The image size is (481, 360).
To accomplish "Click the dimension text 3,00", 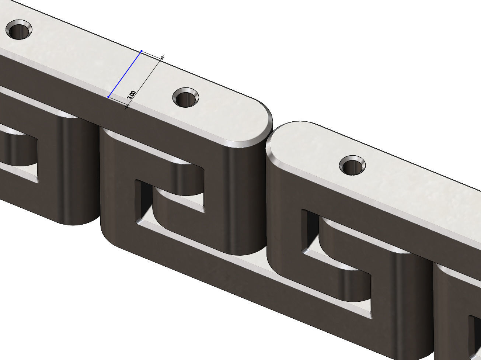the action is click(131, 95).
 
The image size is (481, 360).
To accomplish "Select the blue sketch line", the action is click(125, 74).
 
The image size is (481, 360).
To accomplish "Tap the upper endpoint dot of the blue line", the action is click(142, 51).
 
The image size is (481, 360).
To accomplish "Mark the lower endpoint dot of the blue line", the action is click(108, 97).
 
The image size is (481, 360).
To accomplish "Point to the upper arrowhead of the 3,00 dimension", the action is click(162, 58).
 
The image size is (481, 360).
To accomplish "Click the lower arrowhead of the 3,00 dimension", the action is click(127, 107).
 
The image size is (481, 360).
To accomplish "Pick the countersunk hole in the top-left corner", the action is click(19, 30).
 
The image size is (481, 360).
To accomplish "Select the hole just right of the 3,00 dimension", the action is click(186, 98).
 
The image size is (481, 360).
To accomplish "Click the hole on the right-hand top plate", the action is click(352, 166).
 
